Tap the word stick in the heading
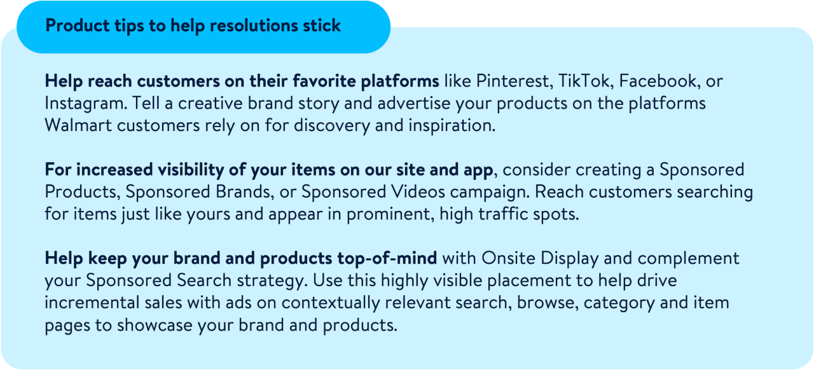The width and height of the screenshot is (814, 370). pos(322,25)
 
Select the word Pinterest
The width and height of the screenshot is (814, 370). pos(514,81)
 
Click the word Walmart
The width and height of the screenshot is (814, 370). pos(78,125)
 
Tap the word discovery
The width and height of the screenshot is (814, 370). pos(332,126)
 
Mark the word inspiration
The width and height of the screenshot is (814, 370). pos(452,126)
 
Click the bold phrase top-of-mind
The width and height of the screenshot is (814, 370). pos(387,259)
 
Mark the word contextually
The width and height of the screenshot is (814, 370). pos(331,303)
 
